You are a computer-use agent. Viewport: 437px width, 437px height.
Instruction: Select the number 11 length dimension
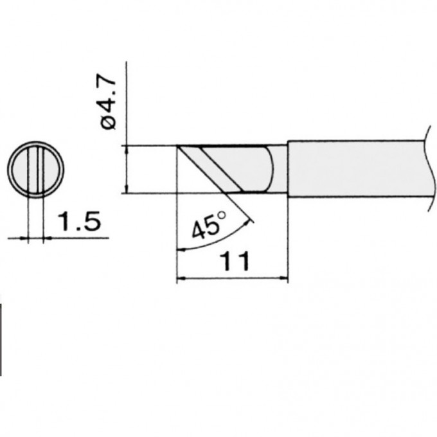pyautogui.click(x=233, y=262)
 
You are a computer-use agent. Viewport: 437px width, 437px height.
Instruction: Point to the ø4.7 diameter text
pyautogui.click(x=109, y=102)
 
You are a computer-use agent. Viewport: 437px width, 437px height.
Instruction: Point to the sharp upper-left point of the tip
pyautogui.click(x=177, y=147)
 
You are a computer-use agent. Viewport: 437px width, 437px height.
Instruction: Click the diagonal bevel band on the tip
pyautogui.click(x=219, y=169)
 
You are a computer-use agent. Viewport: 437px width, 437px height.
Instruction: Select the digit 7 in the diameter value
pyautogui.click(x=109, y=84)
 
